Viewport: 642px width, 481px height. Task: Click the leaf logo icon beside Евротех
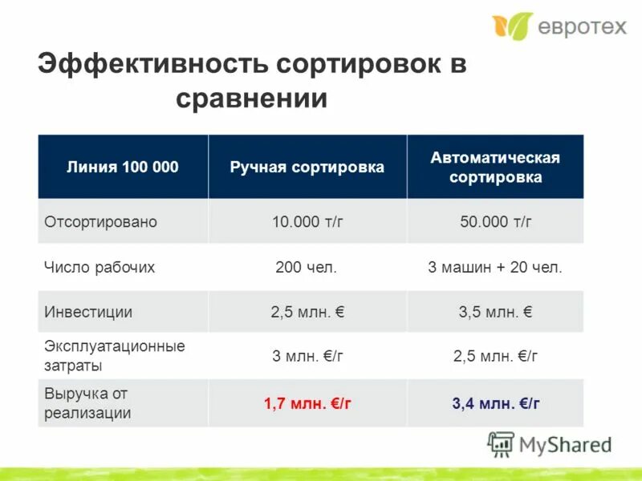tap(512, 26)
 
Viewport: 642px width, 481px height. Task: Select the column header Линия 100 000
tap(122, 167)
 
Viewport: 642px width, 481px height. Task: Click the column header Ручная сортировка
tap(307, 167)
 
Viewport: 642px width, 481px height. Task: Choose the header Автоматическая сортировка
tap(495, 167)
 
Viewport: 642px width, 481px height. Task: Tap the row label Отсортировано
tap(100, 222)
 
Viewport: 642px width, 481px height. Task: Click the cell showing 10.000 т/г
tap(307, 222)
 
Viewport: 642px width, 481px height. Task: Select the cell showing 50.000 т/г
tap(495, 222)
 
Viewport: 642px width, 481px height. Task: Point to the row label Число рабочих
tap(99, 268)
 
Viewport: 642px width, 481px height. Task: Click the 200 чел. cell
tap(307, 268)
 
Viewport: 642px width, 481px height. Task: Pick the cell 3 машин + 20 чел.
tap(495, 268)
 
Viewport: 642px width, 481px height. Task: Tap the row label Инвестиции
tap(88, 313)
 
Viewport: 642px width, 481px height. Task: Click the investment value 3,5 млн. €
tap(495, 313)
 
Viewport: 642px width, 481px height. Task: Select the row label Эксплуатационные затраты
tap(114, 356)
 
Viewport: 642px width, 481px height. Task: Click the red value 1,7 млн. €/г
tap(307, 404)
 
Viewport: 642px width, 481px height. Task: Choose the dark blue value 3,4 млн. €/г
tap(495, 404)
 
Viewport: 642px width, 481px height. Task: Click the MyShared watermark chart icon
tap(502, 444)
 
